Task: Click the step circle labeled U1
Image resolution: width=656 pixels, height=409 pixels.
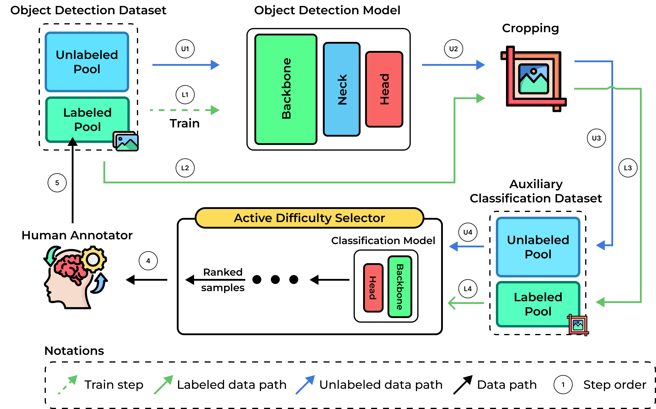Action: tap(185, 49)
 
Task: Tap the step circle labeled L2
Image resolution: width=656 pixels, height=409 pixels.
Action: tap(185, 168)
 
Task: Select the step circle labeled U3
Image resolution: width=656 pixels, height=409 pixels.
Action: tap(596, 138)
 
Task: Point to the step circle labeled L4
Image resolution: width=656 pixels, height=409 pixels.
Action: tap(468, 289)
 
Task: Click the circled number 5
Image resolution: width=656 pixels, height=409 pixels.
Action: tap(57, 183)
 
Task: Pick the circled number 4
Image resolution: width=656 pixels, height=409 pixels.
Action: tap(148, 261)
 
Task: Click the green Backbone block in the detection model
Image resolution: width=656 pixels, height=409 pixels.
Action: tap(286, 89)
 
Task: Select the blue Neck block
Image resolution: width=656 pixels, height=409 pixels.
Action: tap(342, 89)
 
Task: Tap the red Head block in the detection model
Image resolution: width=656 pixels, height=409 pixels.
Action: tap(384, 89)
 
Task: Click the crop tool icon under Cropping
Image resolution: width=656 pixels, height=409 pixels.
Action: tap(533, 79)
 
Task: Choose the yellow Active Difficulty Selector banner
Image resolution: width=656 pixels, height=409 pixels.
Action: tap(309, 218)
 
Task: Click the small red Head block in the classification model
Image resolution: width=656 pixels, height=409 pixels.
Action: tap(373, 288)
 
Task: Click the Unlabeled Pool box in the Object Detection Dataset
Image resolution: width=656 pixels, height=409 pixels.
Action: tap(87, 62)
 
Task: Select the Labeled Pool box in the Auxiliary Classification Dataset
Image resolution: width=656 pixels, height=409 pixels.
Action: tap(538, 304)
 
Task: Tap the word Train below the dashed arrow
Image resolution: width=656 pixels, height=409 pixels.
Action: tap(185, 123)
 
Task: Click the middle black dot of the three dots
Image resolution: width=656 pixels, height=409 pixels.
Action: tap(275, 280)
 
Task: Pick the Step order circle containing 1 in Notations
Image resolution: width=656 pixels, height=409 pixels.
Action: tap(563, 385)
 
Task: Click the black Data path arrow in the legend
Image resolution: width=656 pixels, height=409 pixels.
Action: tap(463, 385)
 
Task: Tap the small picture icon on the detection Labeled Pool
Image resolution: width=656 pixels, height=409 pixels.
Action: tap(126, 141)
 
